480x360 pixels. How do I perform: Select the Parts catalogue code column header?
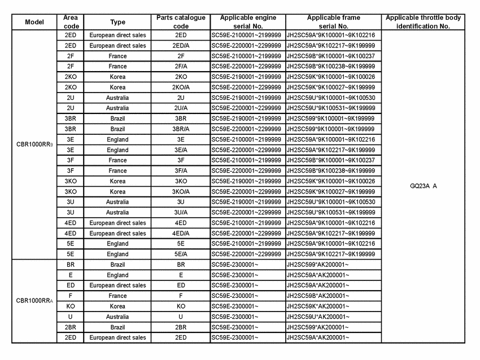[x=181, y=22]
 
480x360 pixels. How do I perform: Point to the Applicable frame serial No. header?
[x=332, y=22]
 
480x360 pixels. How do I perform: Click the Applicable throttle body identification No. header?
[x=422, y=22]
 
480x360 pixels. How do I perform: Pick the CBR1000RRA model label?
[x=34, y=301]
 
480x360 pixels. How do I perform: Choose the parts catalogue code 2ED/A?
[x=181, y=46]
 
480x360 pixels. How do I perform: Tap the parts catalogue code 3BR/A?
[x=181, y=129]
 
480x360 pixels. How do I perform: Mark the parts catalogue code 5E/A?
[x=181, y=254]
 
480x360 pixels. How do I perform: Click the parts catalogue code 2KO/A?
[x=181, y=87]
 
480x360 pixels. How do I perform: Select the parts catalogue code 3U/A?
[x=181, y=212]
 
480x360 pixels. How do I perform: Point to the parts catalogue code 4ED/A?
[x=181, y=233]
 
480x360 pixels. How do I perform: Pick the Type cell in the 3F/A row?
[x=117, y=170]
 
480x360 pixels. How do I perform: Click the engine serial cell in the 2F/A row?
[x=247, y=67]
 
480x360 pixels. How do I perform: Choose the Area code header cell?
[x=71, y=22]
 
